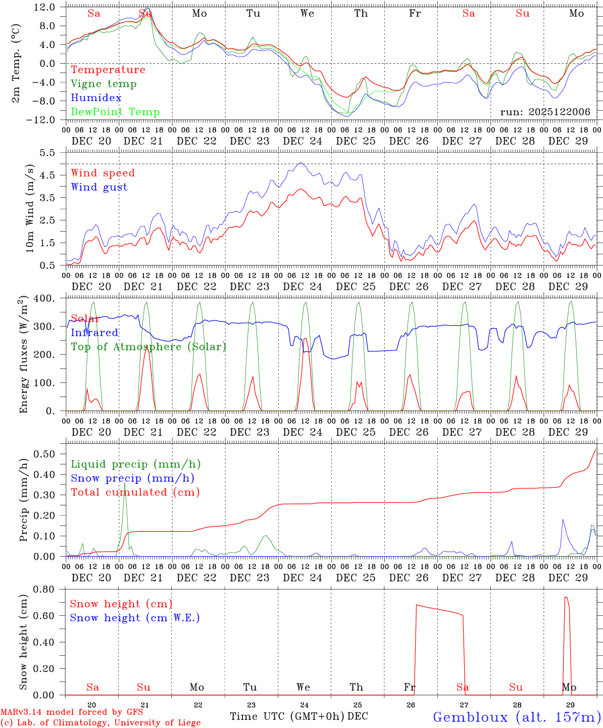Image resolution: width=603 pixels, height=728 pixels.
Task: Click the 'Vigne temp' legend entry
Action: (104, 84)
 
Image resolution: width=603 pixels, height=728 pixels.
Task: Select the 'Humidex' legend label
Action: (96, 98)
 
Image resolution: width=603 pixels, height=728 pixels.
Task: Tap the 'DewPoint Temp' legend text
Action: (115, 112)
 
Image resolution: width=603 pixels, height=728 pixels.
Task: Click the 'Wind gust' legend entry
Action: (99, 187)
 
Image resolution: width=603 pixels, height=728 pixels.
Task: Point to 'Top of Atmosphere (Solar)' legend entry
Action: (148, 347)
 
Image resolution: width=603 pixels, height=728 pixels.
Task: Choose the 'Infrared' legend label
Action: (94, 333)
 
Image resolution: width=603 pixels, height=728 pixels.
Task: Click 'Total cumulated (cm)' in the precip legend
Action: (135, 492)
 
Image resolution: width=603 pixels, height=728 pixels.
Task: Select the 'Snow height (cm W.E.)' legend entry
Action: (134, 618)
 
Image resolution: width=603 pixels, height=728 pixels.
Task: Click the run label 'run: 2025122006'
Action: (545, 112)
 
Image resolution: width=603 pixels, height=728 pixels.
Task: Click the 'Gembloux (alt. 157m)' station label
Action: (517, 716)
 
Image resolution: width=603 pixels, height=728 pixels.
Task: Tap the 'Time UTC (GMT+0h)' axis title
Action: (287, 716)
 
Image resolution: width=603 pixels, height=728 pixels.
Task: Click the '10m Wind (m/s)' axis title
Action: (30, 208)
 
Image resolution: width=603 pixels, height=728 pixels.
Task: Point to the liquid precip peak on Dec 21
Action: (125, 483)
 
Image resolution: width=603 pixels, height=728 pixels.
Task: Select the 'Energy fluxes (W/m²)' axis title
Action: (23, 355)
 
